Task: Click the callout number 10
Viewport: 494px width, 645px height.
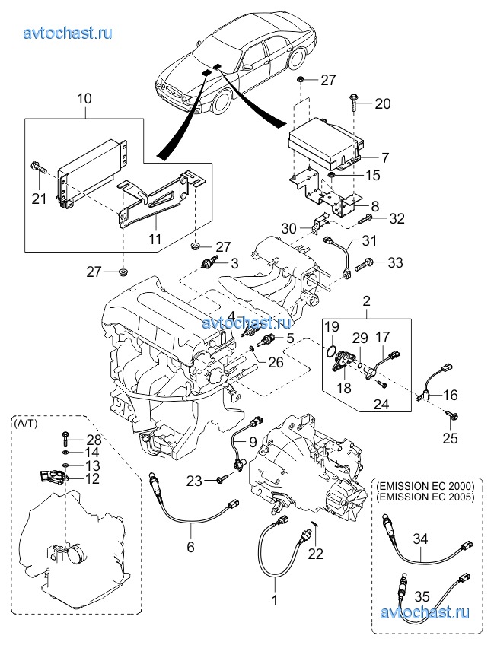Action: click(84, 98)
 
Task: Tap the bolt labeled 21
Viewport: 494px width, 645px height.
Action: click(37, 168)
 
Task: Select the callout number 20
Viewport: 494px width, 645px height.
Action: click(382, 104)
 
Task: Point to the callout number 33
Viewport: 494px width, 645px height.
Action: click(395, 263)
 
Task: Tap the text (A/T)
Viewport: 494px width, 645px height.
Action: click(25, 424)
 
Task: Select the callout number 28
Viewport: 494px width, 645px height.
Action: click(94, 440)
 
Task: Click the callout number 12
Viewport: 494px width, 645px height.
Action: click(92, 479)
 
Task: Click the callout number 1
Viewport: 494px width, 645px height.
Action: click(276, 599)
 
